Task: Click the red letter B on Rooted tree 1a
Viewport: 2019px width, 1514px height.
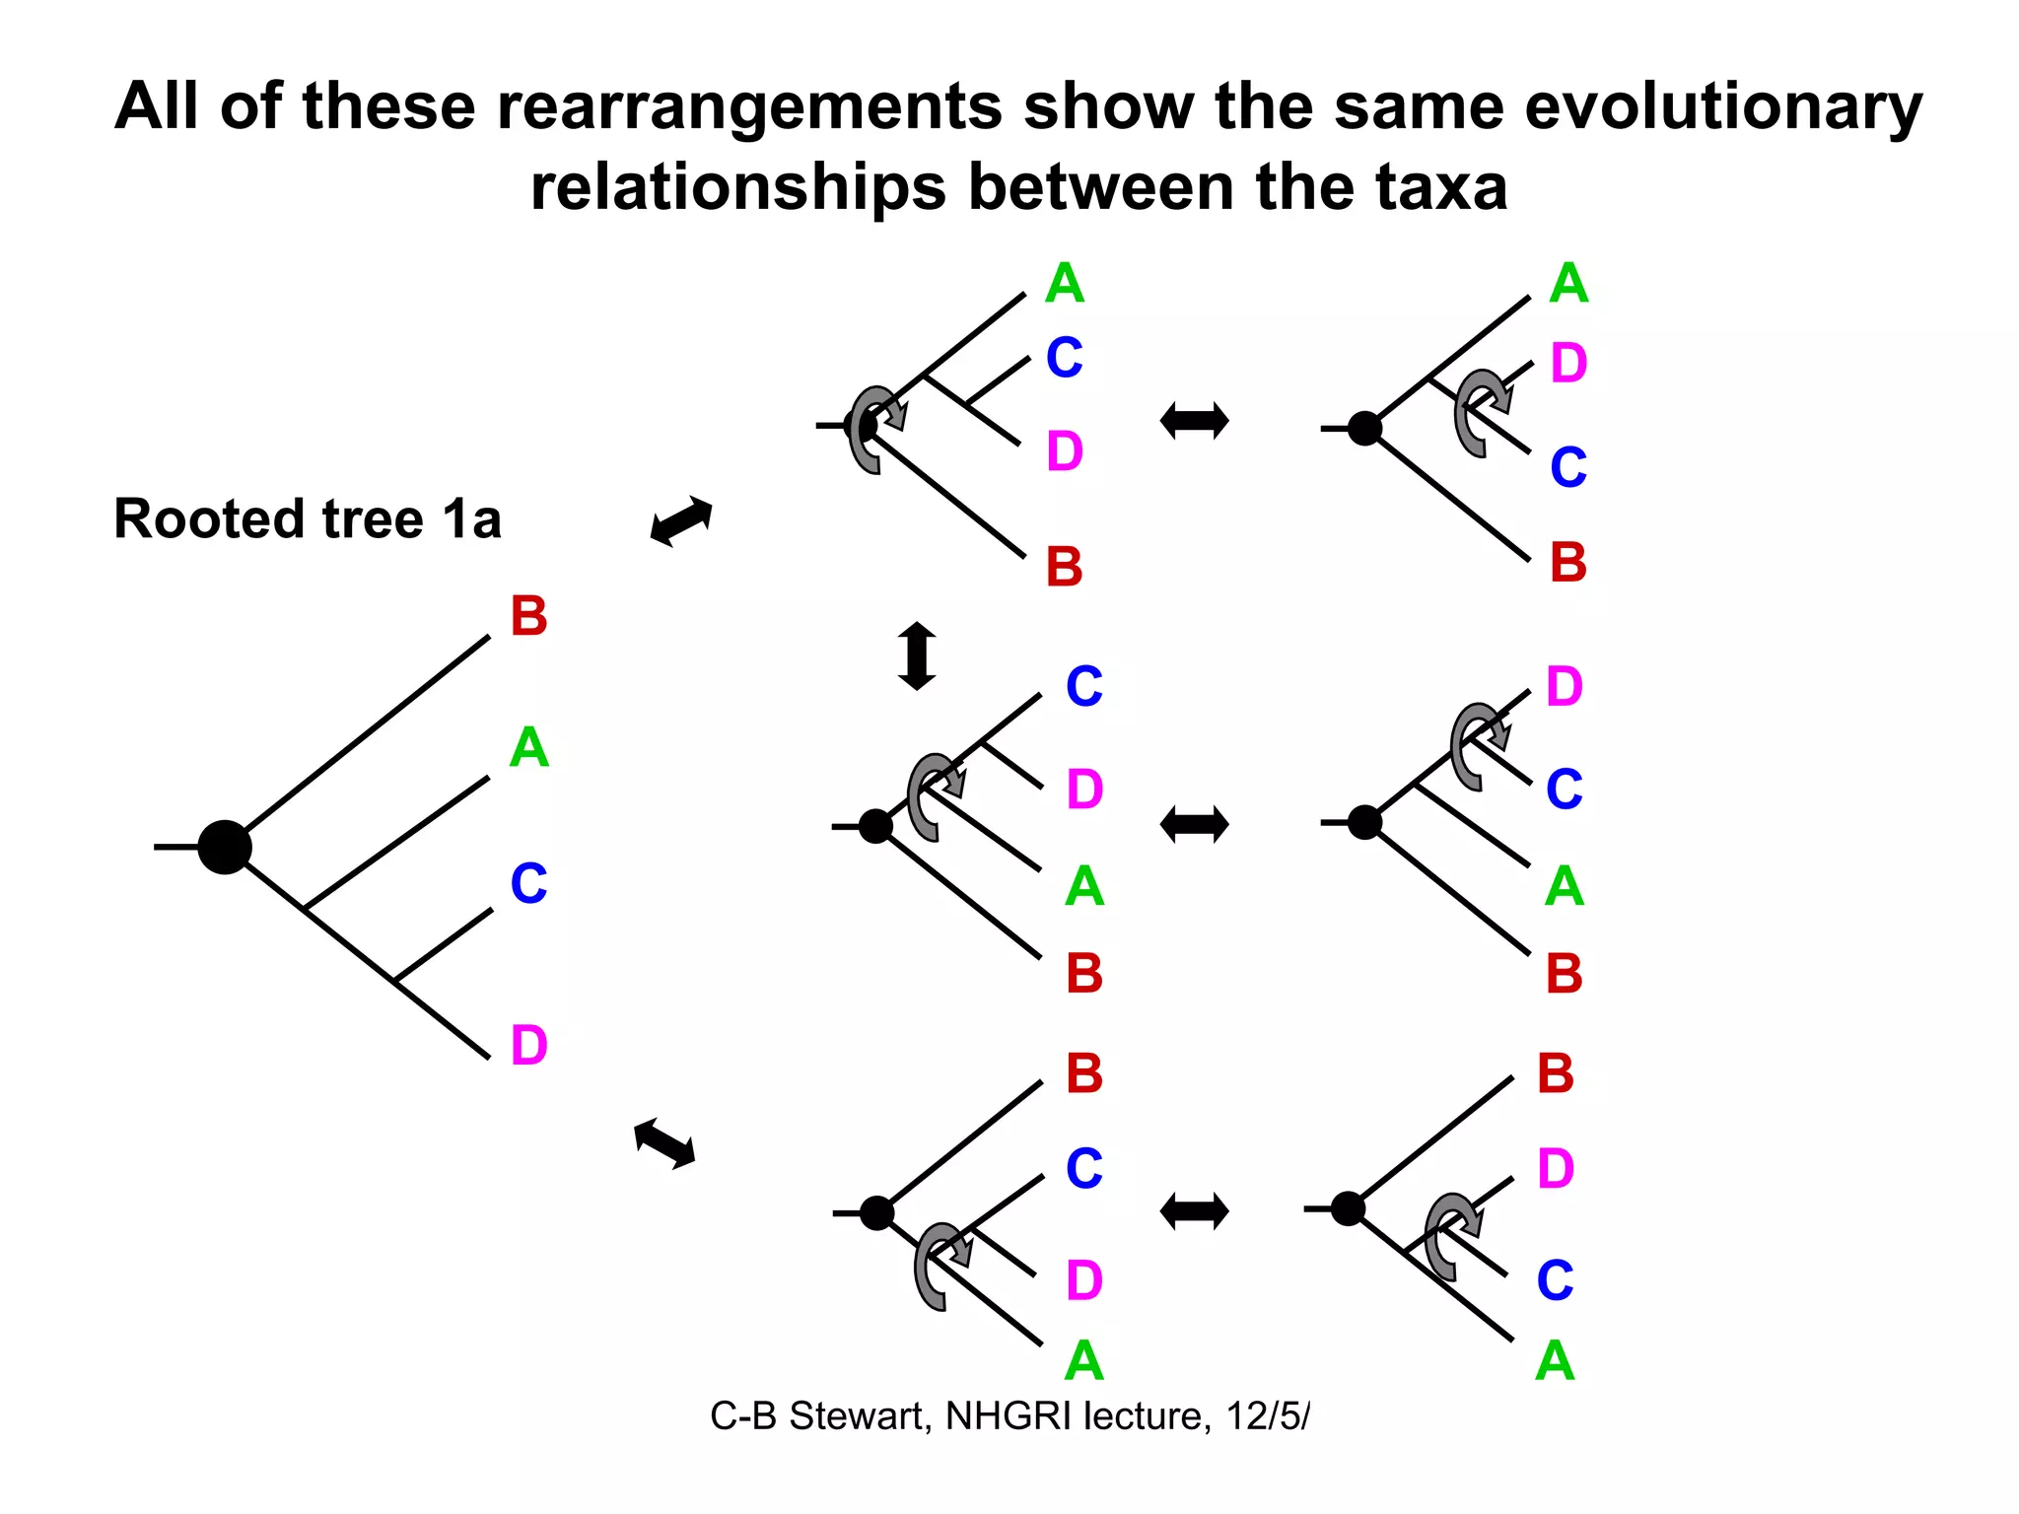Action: point(528,617)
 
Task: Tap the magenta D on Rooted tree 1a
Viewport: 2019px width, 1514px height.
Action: point(528,1046)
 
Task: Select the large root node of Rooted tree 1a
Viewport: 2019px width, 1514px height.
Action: point(225,847)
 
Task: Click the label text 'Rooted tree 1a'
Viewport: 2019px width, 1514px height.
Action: point(308,519)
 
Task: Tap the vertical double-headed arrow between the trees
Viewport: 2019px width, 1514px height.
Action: point(917,655)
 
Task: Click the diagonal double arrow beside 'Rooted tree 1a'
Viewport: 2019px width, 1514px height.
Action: point(681,520)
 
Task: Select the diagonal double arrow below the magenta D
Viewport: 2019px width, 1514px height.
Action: point(664,1144)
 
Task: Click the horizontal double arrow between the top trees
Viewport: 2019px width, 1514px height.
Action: point(1194,421)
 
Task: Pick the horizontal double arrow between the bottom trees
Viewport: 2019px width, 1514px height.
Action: point(1194,1211)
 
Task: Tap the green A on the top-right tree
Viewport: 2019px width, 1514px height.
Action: point(1567,284)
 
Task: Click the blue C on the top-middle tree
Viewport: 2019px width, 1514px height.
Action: point(1064,358)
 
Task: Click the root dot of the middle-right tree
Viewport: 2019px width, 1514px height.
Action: point(1364,821)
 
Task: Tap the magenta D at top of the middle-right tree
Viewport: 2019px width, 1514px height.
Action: point(1564,686)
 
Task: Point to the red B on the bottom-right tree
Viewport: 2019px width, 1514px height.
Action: point(1555,1073)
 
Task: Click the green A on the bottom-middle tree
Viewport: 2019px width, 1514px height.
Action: point(1083,1361)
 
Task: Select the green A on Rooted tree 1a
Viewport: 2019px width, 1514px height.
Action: point(528,748)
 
